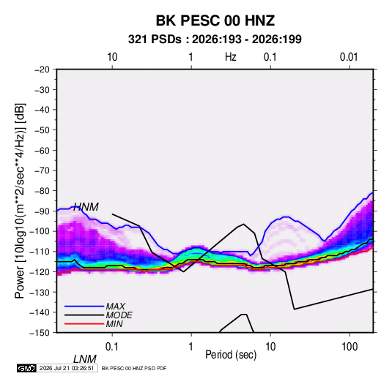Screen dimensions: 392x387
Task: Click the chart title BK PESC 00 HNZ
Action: pyautogui.click(x=215, y=20)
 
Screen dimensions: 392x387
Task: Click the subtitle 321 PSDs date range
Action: pyautogui.click(x=215, y=40)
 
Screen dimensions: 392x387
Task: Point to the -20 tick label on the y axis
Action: pyautogui.click(x=42, y=69)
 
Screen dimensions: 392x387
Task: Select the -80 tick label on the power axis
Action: pyautogui.click(x=42, y=191)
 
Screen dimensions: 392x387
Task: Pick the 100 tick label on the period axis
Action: pyautogui.click(x=350, y=347)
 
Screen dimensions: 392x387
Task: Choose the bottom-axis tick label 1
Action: pyautogui.click(x=191, y=347)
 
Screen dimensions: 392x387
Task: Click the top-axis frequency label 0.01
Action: pyautogui.click(x=349, y=57)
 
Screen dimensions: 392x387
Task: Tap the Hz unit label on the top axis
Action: pyautogui.click(x=231, y=57)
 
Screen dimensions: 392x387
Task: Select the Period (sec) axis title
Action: pyautogui.click(x=231, y=355)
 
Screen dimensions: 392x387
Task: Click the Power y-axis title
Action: pyautogui.click(x=20, y=200)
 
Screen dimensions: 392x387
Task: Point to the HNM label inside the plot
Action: pyautogui.click(x=86, y=207)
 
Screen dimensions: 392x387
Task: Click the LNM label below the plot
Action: pyautogui.click(x=85, y=359)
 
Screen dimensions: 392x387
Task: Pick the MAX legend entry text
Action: pyautogui.click(x=116, y=306)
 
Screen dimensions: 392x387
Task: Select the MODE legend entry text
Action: pyautogui.click(x=119, y=315)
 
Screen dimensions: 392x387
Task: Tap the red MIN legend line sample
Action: pyautogui.click(x=84, y=324)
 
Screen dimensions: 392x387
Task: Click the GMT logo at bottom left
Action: pyautogui.click(x=26, y=368)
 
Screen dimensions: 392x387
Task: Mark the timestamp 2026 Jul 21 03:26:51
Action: pyautogui.click(x=67, y=368)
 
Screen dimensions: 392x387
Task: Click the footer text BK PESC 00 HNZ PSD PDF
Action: pyautogui.click(x=134, y=368)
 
